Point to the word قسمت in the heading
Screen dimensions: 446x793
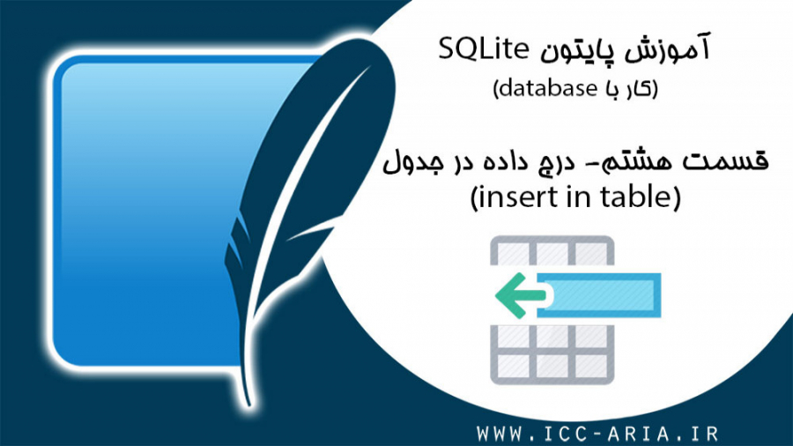[727, 163]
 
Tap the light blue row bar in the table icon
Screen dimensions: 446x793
[599, 294]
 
